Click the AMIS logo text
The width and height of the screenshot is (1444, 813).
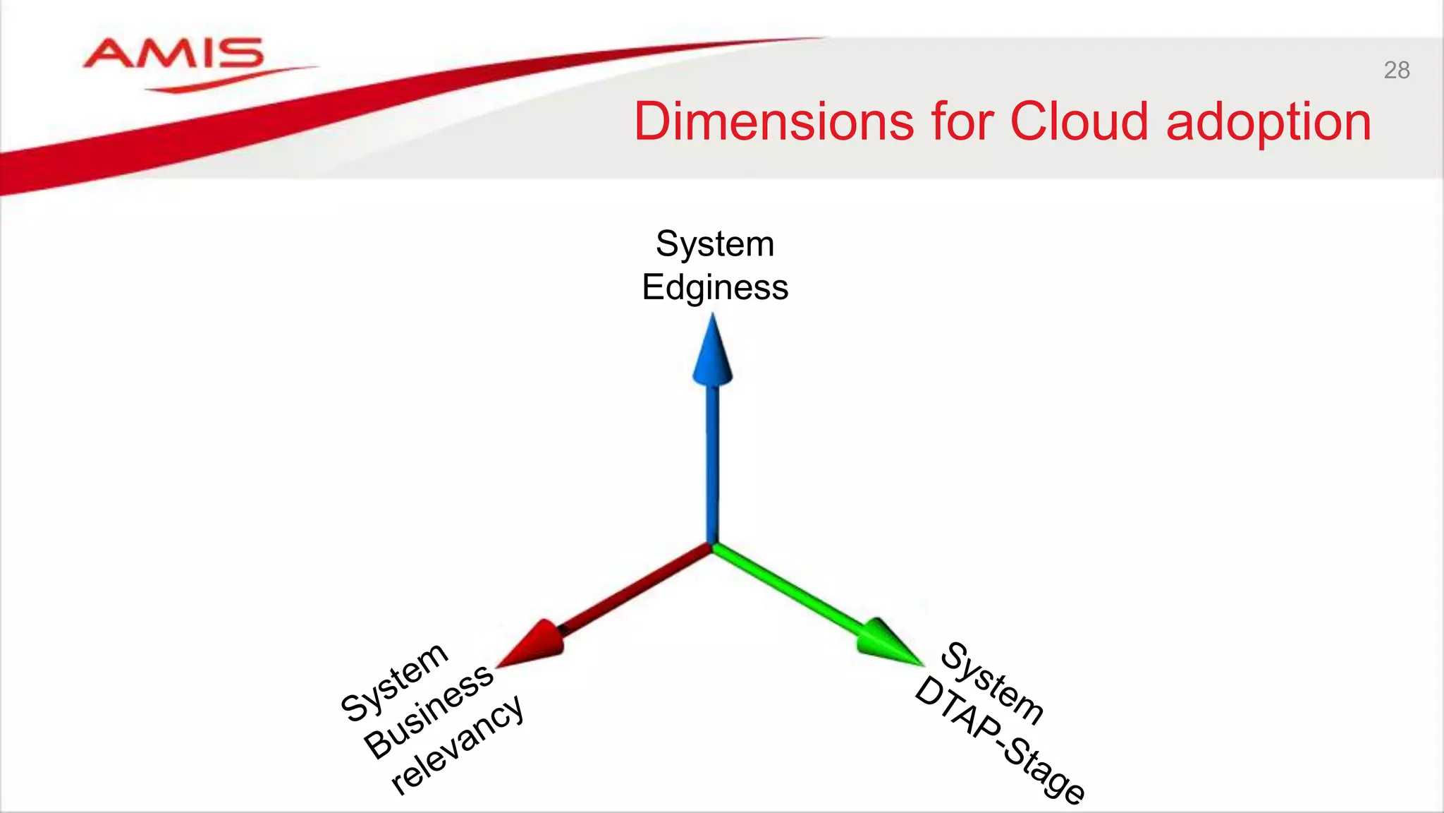tap(173, 54)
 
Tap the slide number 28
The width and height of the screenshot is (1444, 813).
tap(1396, 71)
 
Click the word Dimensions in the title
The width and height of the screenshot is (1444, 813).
tap(774, 121)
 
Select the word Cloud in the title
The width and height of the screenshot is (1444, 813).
tap(1079, 121)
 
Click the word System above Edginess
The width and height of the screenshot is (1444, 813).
tap(715, 244)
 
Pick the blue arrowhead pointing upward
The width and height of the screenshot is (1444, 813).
tap(713, 353)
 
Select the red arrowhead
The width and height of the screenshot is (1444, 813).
tap(533, 644)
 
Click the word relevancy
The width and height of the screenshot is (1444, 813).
tap(458, 744)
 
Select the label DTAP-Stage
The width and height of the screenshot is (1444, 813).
tap(999, 740)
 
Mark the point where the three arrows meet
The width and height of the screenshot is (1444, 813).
tap(713, 545)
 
